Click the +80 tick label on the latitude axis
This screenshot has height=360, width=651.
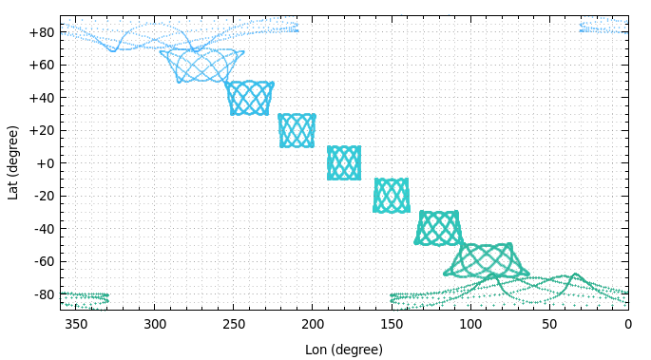point(41,32)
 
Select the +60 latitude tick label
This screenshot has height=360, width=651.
point(41,65)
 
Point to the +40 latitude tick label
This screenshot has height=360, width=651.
point(41,98)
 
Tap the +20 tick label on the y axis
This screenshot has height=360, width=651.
point(41,130)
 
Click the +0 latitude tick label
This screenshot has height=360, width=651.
point(45,163)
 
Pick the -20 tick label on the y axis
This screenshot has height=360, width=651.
point(42,196)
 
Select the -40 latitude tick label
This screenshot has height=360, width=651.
point(42,229)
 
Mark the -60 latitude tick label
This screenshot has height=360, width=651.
point(42,261)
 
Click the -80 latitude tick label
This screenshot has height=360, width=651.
point(42,294)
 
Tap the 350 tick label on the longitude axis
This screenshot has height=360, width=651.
point(76,325)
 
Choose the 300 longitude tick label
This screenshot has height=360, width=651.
point(155,325)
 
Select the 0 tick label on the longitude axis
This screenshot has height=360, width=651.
point(628,325)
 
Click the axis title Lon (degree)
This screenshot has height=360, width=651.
point(344,350)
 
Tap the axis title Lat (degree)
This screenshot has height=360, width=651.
point(13,162)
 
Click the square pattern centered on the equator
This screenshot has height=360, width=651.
point(344,163)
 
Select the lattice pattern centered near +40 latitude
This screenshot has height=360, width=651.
point(250,98)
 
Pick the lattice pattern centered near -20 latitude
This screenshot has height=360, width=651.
point(392,196)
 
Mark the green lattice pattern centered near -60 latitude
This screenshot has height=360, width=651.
point(486,260)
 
